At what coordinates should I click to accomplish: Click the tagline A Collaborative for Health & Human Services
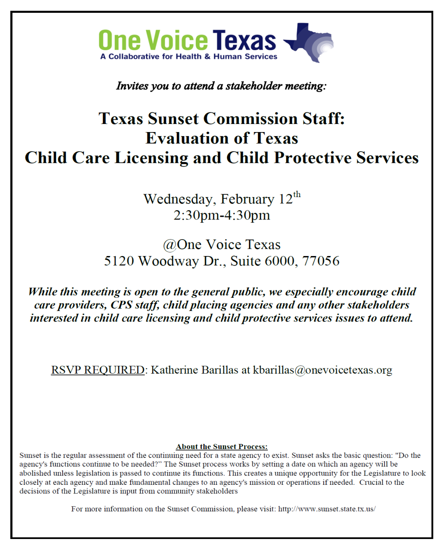pyautogui.click(x=189, y=57)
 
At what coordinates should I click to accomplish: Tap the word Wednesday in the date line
pyautogui.click(x=178, y=199)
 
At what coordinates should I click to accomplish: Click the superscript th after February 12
pyautogui.click(x=297, y=195)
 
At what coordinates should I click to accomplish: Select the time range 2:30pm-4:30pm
pyautogui.click(x=222, y=215)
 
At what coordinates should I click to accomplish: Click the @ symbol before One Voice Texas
pyautogui.click(x=169, y=245)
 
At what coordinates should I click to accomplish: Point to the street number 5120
pyautogui.click(x=119, y=261)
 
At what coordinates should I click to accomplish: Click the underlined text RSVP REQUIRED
pyautogui.click(x=98, y=370)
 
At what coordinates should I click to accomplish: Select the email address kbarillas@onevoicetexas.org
pyautogui.click(x=323, y=370)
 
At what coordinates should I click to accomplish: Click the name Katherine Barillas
pyautogui.click(x=194, y=370)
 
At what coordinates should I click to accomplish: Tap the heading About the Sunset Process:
pyautogui.click(x=222, y=447)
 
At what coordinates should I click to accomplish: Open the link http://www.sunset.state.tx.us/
pyautogui.click(x=327, y=509)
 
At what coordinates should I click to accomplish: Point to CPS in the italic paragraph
pyautogui.click(x=121, y=305)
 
